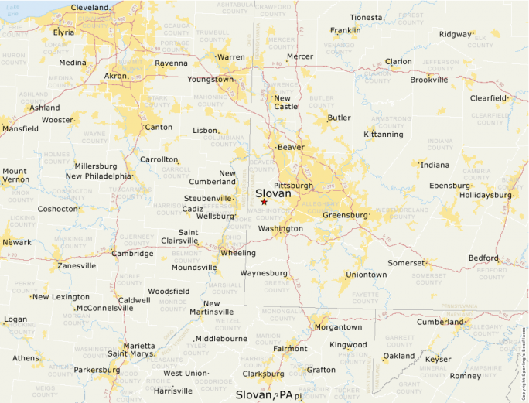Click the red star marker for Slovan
point(264,202)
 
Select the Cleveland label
point(90,7)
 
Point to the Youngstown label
point(210,79)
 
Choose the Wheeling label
point(238,253)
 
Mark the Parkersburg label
point(97,370)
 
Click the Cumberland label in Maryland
point(439,322)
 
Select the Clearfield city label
point(488,98)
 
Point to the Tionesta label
point(366,17)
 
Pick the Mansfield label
point(19,128)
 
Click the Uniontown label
point(366,275)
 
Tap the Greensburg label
point(345,214)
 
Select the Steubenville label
point(208,198)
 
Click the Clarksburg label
point(263,374)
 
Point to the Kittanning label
point(384,135)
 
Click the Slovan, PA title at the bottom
point(264,394)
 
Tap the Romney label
point(465,376)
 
